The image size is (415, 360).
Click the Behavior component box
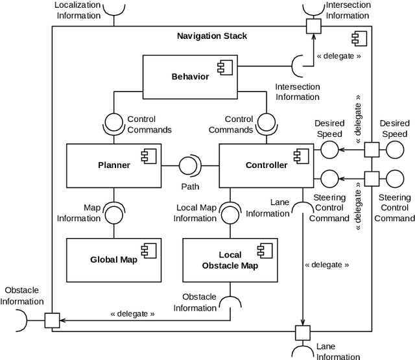pyautogui.click(x=190, y=77)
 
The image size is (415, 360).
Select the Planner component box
pyautogui.click(x=113, y=165)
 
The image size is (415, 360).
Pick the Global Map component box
pyautogui.click(x=113, y=259)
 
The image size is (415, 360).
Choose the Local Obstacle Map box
pyautogui.click(x=230, y=259)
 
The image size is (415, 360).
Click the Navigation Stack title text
pyautogui.click(x=212, y=36)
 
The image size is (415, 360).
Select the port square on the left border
pyautogui.click(x=52, y=320)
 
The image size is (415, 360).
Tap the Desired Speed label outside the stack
pyautogui.click(x=394, y=128)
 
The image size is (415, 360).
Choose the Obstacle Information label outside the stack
pyautogui.click(x=22, y=296)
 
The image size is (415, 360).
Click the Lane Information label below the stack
pyautogui.click(x=338, y=352)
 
